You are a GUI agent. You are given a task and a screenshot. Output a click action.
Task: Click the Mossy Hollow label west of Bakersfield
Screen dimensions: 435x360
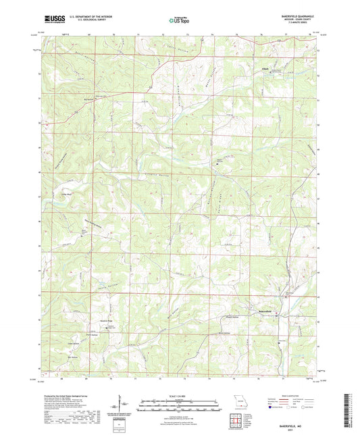pos(233,314)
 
